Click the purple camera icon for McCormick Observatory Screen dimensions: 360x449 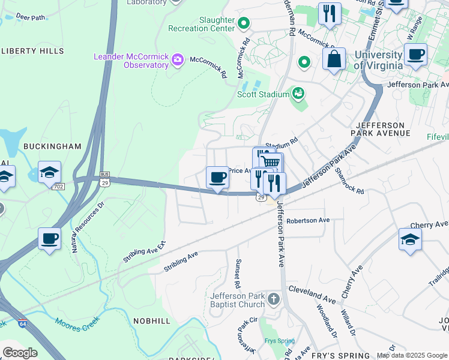click(177, 59)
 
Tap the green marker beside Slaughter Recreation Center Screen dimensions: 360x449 click(244, 24)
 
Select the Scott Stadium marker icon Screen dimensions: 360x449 click(297, 93)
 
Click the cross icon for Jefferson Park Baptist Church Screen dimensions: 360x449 click(274, 299)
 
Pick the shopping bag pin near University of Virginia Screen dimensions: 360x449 click(334, 59)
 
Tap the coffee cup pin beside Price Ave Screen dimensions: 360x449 click(217, 177)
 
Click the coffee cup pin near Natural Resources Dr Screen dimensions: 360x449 click(49, 238)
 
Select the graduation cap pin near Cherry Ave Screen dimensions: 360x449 click(411, 239)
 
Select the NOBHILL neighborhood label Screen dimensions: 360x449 click(151, 321)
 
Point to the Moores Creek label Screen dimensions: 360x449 click(80, 322)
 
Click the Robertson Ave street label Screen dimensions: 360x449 click(308, 220)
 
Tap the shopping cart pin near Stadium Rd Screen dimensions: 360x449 click(271, 162)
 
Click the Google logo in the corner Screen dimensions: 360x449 click(20, 352)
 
